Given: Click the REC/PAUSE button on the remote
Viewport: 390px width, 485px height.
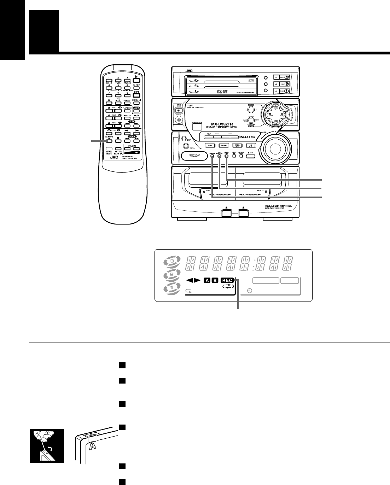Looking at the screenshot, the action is point(109,141).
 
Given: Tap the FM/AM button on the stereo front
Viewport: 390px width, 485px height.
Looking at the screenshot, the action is point(223,145).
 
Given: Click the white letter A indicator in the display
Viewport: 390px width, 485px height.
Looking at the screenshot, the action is point(206,280).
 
